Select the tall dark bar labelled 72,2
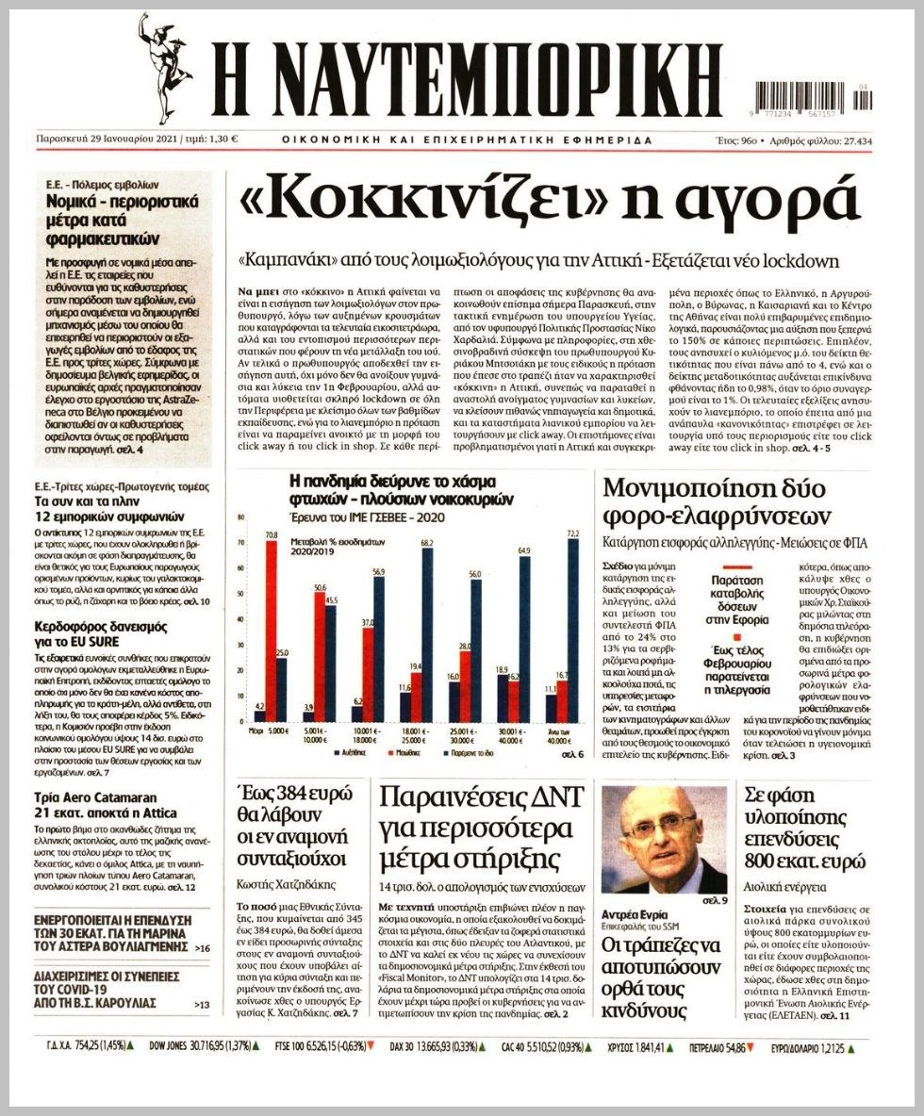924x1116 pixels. coord(571,631)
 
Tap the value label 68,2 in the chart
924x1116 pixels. coord(426,543)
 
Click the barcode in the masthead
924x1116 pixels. coord(813,99)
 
